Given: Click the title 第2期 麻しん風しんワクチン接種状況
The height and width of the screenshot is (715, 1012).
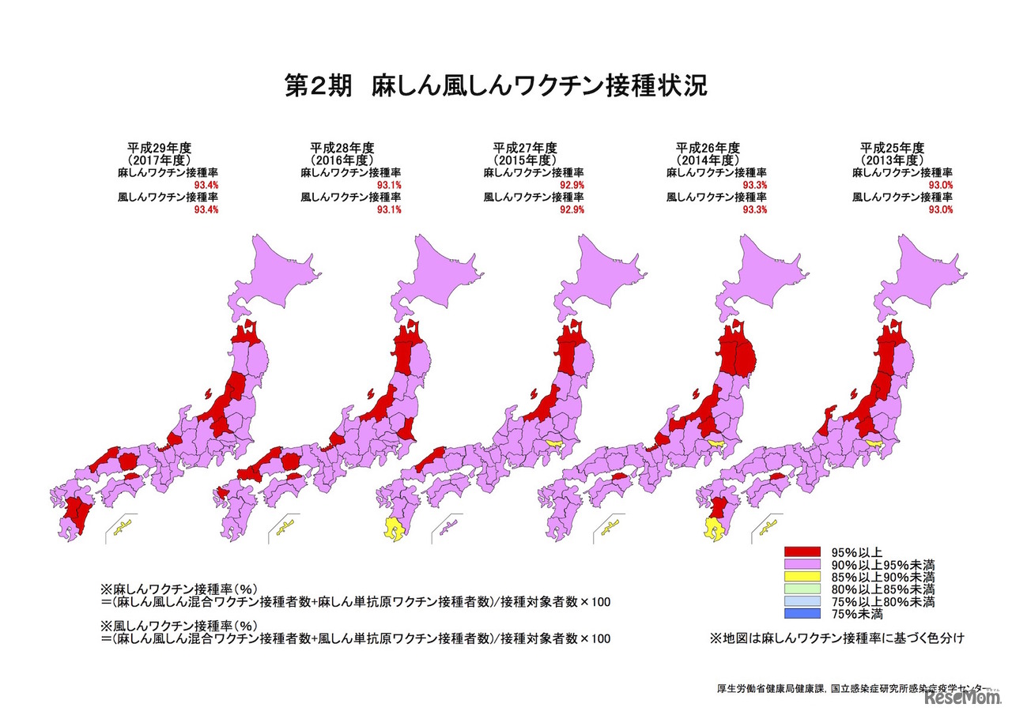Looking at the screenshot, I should pos(495,86).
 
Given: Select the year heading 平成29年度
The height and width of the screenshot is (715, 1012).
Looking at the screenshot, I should pos(160,147).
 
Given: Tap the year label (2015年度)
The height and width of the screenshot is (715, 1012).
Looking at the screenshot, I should pos(524,160).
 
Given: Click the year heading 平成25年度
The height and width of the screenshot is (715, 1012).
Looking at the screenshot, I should pos(892,147).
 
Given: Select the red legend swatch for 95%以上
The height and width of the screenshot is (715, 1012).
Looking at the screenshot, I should pos(803,551).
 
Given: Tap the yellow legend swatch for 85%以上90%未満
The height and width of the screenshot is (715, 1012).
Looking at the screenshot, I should pos(803,577).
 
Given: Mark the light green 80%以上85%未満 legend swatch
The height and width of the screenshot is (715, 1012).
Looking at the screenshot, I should pos(803,589).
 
